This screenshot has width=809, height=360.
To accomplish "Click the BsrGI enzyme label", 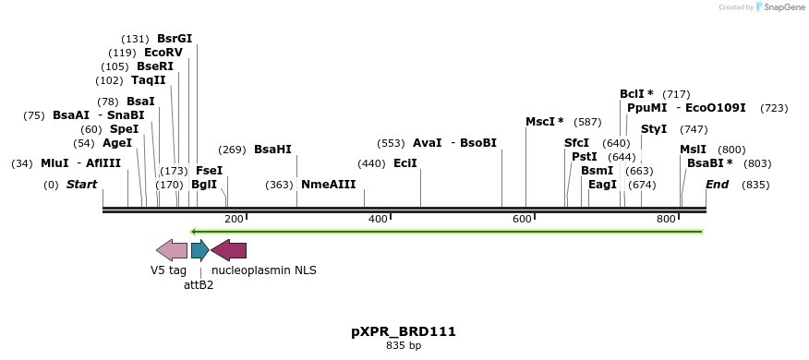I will (x=175, y=39).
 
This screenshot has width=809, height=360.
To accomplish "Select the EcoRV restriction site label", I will (x=163, y=53).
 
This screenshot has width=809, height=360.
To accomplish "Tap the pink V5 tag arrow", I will (x=172, y=249).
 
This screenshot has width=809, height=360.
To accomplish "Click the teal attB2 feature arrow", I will (x=199, y=249).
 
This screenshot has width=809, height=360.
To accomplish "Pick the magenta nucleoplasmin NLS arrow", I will (x=228, y=249).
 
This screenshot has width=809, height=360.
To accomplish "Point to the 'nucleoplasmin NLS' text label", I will (x=264, y=270).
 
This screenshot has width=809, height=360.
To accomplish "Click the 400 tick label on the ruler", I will (x=378, y=219).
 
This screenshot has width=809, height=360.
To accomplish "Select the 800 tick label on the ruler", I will (x=666, y=219).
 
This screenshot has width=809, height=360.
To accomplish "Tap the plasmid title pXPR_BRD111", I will (x=404, y=331).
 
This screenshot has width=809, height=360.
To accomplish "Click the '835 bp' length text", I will (x=404, y=346).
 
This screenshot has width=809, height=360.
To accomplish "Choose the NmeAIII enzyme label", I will (x=328, y=185).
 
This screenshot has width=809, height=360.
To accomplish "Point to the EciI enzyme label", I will (x=405, y=163).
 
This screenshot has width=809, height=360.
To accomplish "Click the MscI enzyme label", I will (x=544, y=122).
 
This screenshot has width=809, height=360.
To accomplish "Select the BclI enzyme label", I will (x=636, y=94).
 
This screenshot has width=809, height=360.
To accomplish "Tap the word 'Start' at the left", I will (x=81, y=185).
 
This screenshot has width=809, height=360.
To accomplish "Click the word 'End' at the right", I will (x=717, y=185).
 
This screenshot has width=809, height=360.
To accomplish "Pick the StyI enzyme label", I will (x=654, y=129).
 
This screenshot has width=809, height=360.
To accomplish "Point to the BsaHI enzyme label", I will (x=272, y=150).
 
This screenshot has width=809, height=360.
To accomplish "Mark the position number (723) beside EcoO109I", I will (x=774, y=108).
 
